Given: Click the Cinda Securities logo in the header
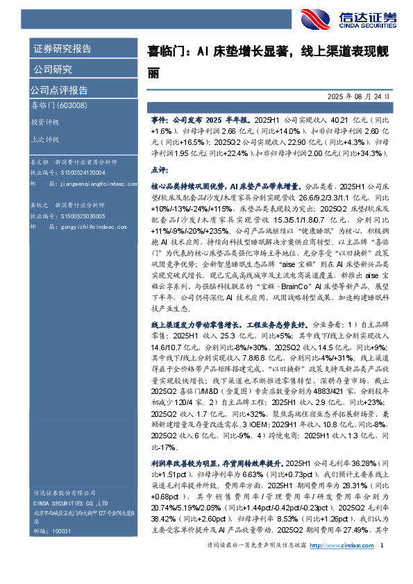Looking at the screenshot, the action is (x=355, y=18).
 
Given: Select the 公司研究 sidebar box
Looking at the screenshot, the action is (x=52, y=69).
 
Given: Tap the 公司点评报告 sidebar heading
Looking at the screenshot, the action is (x=58, y=89).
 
